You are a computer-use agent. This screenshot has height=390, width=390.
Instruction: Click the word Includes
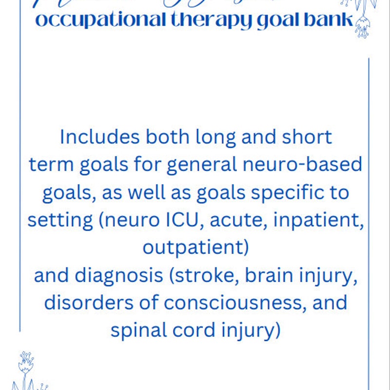coord(98,137)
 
